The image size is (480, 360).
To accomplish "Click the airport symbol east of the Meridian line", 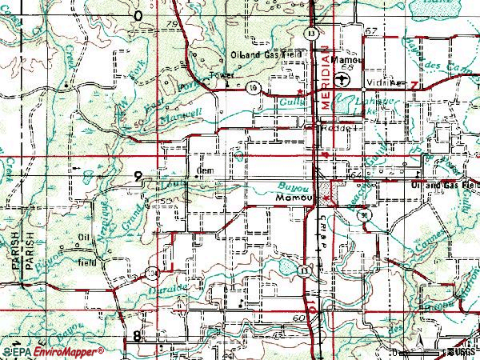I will (342, 79).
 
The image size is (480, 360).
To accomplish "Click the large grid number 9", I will (139, 177).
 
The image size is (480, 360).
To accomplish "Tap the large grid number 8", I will (138, 337).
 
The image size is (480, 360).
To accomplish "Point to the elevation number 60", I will (299, 318).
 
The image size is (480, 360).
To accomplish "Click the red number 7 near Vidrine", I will (414, 83).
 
